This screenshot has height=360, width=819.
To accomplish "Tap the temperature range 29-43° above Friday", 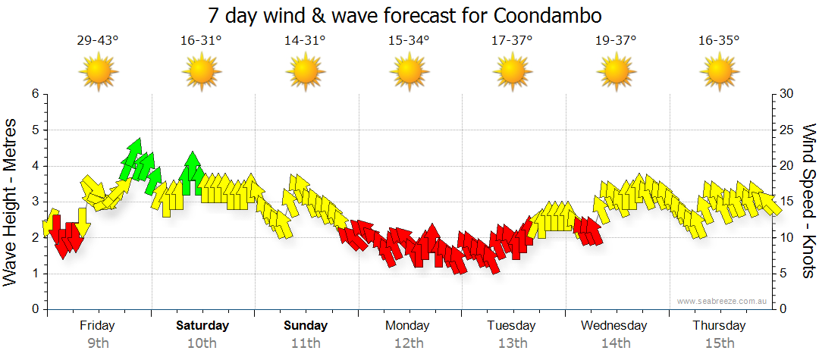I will [x=98, y=41].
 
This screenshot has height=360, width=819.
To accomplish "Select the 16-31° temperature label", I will [x=201, y=41].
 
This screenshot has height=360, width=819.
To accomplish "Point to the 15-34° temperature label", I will [x=409, y=41].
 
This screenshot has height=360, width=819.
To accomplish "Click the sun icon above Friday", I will [x=99, y=73].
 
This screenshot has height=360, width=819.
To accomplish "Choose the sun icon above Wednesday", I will [x=616, y=73].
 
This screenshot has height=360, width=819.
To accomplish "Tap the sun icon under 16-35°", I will [x=719, y=73].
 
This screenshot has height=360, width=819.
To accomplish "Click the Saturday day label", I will [x=202, y=326].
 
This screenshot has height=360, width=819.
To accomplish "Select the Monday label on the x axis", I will [x=408, y=326].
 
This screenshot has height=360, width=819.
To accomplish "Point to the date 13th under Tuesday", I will [x=513, y=343].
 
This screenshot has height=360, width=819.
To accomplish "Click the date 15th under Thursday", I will [x=719, y=343].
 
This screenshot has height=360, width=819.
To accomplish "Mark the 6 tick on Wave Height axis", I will [x=34, y=94].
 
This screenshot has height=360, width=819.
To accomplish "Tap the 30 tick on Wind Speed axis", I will [x=787, y=94].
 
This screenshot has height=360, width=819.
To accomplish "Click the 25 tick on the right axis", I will [x=787, y=130].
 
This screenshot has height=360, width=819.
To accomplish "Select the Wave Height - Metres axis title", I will [x=12, y=202].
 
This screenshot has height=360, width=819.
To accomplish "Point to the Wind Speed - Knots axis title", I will [x=808, y=202].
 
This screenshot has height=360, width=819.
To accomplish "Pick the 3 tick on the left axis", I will [x=34, y=202].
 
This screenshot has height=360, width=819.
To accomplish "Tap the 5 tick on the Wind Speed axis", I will [x=784, y=274].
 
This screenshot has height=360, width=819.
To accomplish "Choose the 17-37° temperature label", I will [x=512, y=41].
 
